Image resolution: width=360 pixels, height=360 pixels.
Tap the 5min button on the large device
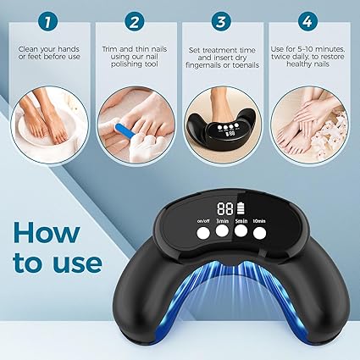point(241,229)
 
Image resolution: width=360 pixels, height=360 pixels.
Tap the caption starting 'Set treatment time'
point(223,58)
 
